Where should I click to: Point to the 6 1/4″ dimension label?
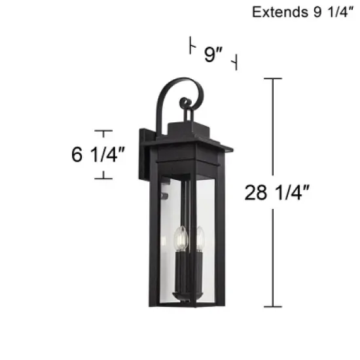[x=99, y=155]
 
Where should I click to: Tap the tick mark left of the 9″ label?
[x=191, y=46]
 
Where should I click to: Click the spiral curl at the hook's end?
[x=187, y=103]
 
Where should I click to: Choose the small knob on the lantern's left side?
[x=164, y=194]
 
